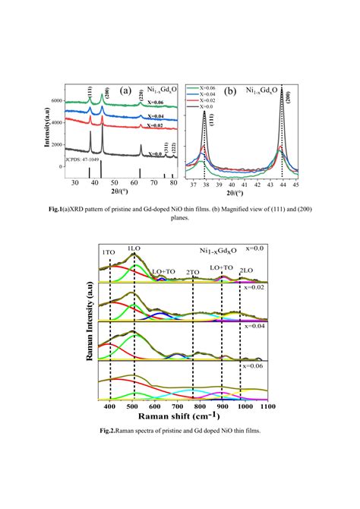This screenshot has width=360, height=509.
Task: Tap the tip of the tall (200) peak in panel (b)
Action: click(282, 91)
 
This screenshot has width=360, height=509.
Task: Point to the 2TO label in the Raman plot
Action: click(193, 271)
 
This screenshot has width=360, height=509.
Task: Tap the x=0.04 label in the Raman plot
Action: click(252, 326)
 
